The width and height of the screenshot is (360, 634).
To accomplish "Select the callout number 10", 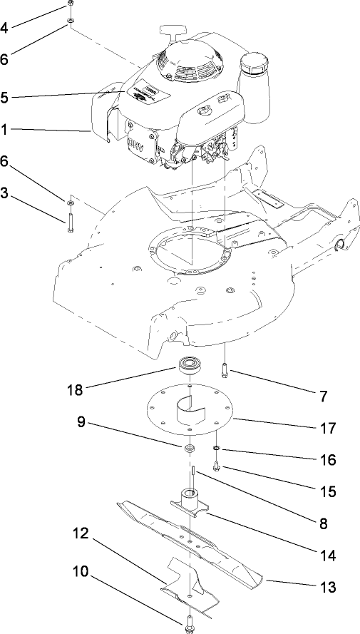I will [x=80, y=571].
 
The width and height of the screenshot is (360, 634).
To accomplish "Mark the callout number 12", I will [x=80, y=532].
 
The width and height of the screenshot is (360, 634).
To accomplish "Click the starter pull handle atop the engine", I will [x=174, y=31].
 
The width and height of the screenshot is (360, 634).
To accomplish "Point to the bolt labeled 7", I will [x=225, y=371].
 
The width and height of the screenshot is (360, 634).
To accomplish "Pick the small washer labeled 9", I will [x=190, y=448].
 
